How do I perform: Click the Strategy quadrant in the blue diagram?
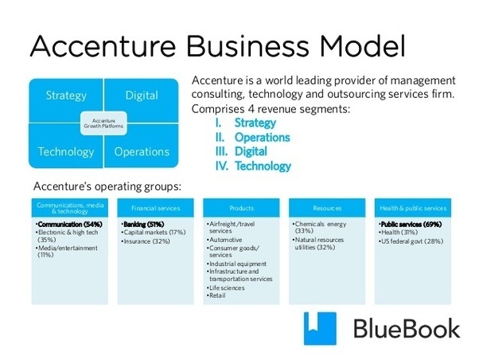tap(65, 96)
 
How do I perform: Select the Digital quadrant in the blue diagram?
tap(142, 96)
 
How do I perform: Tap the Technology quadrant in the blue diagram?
tap(65, 151)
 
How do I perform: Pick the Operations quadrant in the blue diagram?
tap(142, 151)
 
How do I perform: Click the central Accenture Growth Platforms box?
tap(103, 123)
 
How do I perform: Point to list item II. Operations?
tap(252, 137)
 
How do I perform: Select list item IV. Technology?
tap(253, 166)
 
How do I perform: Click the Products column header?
tap(242, 208)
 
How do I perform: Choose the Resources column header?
tap(326, 208)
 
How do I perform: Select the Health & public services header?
tap(412, 208)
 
